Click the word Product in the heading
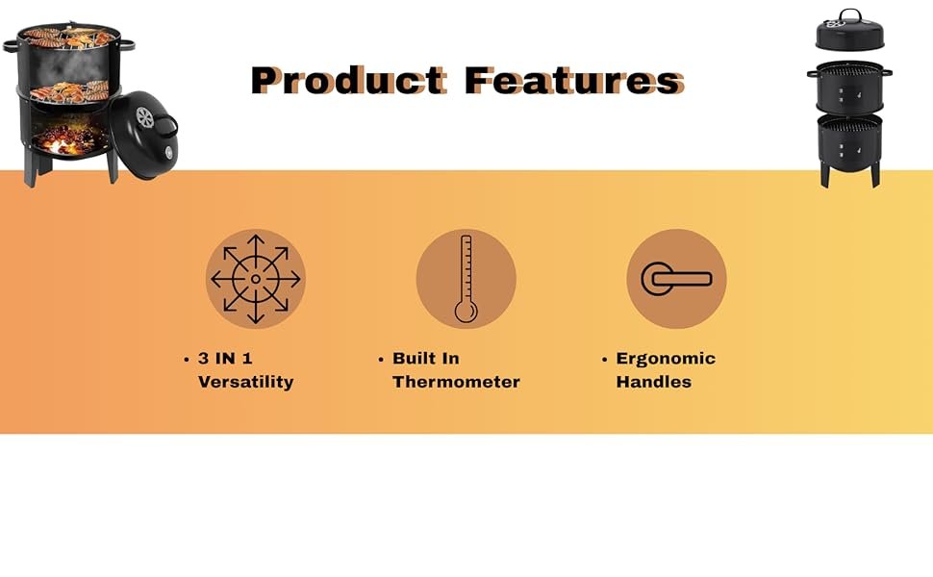coord(349,81)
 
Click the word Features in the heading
coord(575,81)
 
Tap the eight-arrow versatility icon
coord(256,278)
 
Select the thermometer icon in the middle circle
coord(466,278)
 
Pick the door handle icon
coord(676,278)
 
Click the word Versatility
coord(245,382)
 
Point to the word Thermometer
coord(456,382)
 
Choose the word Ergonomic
coord(666,359)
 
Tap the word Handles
coord(653,382)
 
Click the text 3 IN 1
coord(225,359)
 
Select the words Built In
coord(425,359)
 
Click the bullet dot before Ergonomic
coord(605,360)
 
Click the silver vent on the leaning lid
coord(144,117)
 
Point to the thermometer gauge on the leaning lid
coord(168,153)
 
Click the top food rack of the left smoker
coord(69,37)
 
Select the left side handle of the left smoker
coord(11,45)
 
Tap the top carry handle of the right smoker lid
coord(849,14)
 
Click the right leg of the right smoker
coord(875,175)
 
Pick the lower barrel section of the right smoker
coord(849,141)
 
